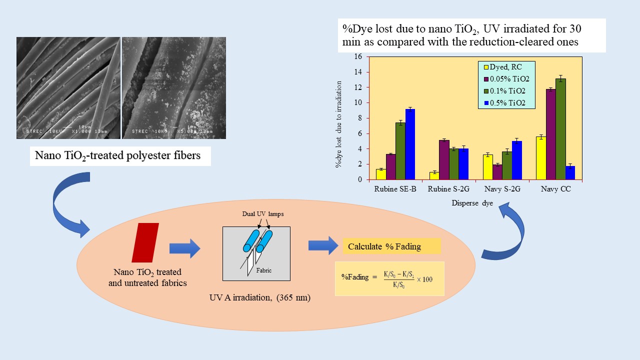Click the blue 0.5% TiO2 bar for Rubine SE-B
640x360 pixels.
[410, 144]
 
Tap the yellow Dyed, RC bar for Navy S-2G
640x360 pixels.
[487, 167]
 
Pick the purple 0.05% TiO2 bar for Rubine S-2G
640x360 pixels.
[444, 159]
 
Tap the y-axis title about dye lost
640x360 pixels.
[339, 118]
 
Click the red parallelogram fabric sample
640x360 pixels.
[145, 243]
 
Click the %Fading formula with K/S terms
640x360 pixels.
[389, 278]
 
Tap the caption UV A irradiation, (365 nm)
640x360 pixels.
[260, 298]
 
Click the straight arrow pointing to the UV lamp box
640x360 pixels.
[184, 248]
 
